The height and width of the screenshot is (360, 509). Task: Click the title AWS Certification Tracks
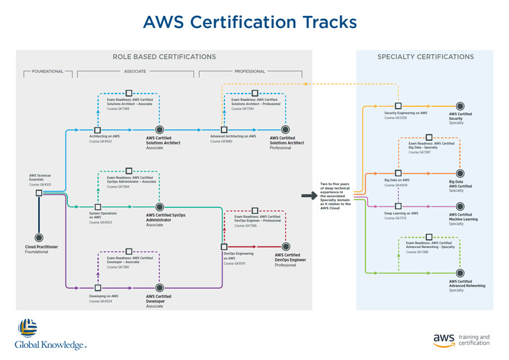(249, 22)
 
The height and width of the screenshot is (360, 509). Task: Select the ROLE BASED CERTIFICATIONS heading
(164, 57)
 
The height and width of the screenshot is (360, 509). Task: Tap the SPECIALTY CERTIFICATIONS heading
(425, 57)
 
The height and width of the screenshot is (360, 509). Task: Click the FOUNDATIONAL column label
(48, 71)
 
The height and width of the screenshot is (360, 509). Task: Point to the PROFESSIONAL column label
(249, 71)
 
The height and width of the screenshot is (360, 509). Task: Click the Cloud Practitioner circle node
(39, 238)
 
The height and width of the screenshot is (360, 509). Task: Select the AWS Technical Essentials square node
(39, 193)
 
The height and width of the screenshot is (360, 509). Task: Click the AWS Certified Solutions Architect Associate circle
(160, 130)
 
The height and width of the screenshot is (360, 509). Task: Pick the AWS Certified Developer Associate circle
(160, 288)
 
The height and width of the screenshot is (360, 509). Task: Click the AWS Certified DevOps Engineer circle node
(286, 247)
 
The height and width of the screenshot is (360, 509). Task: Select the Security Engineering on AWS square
(398, 106)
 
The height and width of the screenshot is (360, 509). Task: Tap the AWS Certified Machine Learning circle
(460, 206)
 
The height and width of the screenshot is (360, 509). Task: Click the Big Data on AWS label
(397, 180)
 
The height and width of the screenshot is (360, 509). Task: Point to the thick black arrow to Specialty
(309, 196)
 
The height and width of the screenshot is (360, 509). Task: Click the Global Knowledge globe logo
(27, 328)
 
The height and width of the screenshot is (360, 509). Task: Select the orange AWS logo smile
(444, 345)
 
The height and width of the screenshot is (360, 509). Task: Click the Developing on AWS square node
(98, 288)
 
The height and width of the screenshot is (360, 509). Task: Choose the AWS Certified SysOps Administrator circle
(160, 207)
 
